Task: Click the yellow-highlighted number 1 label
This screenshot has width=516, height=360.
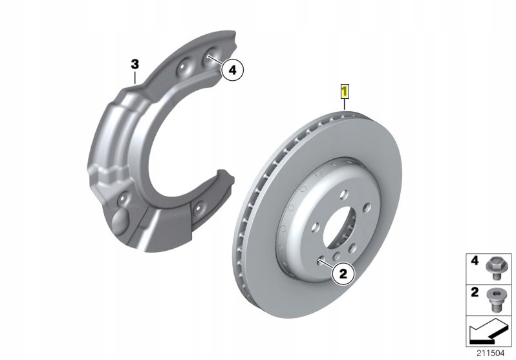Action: [x=345, y=90]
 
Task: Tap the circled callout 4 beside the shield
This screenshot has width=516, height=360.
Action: [x=231, y=69]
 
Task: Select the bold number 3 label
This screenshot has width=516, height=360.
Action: [x=134, y=64]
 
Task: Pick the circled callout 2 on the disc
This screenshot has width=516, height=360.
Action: [x=343, y=274]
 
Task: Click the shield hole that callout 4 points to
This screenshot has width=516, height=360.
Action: [x=210, y=58]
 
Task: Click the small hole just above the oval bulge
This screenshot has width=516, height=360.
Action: [x=121, y=198]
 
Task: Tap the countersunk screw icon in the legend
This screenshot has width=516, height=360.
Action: [x=496, y=298]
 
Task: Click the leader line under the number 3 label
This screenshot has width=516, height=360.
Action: [x=135, y=77]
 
